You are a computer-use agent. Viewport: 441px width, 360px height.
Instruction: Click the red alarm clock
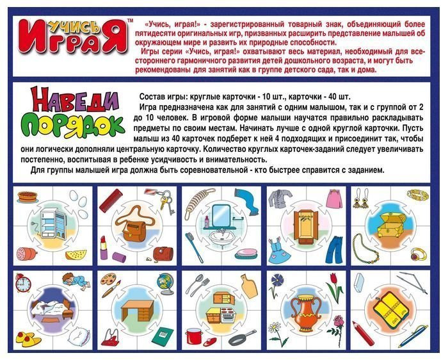(23, 282)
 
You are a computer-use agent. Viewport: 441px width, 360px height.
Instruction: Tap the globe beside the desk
(165, 283)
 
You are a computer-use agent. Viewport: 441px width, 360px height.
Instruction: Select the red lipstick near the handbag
(104, 248)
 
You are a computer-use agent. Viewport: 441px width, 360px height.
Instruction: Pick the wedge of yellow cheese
(76, 255)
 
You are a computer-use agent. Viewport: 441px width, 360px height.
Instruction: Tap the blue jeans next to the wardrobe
(335, 249)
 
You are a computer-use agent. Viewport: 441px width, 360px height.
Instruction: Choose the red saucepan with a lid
(194, 336)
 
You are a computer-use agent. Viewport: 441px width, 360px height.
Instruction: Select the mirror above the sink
(221, 215)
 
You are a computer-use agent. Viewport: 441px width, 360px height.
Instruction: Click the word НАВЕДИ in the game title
(74, 100)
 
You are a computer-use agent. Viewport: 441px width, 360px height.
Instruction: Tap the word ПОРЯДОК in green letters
(72, 125)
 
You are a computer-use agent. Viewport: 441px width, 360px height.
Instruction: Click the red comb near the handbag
(111, 200)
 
